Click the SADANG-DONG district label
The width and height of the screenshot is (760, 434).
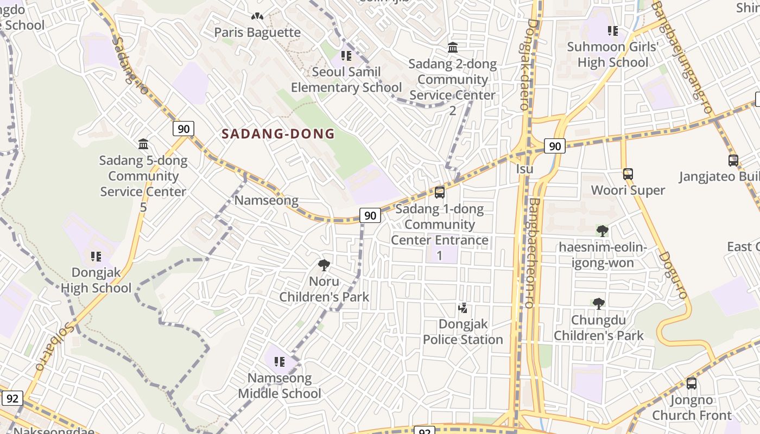point(278,134)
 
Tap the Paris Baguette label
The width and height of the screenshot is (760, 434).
point(257,32)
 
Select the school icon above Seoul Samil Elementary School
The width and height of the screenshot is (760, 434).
point(346,55)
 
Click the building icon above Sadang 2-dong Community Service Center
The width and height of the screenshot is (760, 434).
point(452,48)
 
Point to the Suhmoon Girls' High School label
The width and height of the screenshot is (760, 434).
point(612,54)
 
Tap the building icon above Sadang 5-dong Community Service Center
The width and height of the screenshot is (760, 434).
point(143,144)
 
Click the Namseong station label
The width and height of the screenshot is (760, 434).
point(266,200)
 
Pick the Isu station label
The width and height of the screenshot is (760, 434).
point(524,169)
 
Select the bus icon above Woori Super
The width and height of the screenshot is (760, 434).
point(628,174)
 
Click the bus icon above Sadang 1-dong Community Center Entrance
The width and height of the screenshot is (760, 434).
point(440,192)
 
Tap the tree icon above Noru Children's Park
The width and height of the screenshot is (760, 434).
point(324,265)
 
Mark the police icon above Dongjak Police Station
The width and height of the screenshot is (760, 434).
point(463,308)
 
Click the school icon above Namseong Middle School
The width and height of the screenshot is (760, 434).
point(280,361)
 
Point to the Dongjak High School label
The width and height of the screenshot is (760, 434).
point(96,280)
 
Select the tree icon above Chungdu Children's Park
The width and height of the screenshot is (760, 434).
point(598,304)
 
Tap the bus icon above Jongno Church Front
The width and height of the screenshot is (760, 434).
point(691,384)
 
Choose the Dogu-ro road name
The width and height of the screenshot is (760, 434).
point(674,275)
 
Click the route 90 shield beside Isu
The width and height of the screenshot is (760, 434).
point(554,146)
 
